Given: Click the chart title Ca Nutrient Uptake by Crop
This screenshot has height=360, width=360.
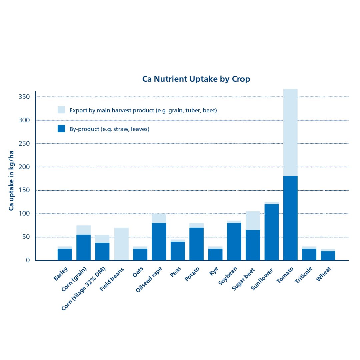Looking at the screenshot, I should [x=196, y=79].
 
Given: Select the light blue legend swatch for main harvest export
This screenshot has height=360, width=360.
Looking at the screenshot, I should [x=61, y=110].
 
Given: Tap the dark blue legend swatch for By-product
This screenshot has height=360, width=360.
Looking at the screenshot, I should [x=61, y=129].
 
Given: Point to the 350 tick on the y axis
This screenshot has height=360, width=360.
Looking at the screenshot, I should [x=24, y=97].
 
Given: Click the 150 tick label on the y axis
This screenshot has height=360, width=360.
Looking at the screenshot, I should [x=24, y=190].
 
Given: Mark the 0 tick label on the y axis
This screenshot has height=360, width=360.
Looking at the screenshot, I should [x=28, y=260].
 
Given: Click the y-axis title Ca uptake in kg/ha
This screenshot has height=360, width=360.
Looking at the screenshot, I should [x=11, y=180].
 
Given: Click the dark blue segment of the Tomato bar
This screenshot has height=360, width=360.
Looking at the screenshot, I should [x=290, y=218].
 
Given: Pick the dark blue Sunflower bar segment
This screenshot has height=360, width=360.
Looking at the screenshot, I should [x=272, y=232].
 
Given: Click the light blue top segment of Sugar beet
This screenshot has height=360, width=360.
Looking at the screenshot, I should [x=253, y=220].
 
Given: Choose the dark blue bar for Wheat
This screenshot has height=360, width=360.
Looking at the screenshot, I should [x=328, y=256].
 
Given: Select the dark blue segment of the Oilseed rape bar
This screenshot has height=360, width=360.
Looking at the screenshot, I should [x=159, y=241].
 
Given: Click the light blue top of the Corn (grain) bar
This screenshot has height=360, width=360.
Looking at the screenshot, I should [x=83, y=230].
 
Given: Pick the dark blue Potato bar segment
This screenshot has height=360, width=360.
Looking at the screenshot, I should [x=196, y=244].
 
